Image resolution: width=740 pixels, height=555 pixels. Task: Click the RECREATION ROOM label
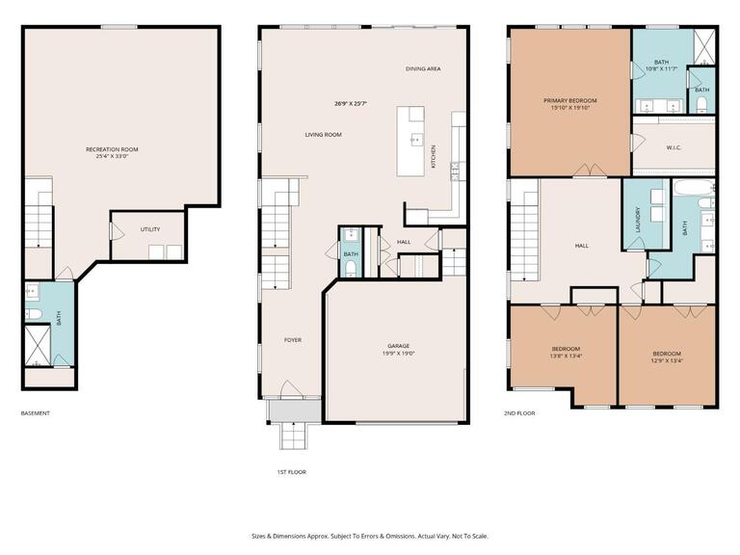(112, 149)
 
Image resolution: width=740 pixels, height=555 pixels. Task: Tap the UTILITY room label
(149, 229)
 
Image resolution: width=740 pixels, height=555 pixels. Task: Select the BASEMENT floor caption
(35, 413)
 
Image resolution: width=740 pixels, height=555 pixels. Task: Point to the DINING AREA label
(421, 69)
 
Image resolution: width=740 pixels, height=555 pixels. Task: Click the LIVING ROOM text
(324, 135)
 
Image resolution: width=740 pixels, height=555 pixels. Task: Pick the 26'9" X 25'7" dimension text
(351, 103)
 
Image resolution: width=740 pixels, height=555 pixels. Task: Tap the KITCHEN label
(434, 157)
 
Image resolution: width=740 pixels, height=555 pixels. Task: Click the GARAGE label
(399, 346)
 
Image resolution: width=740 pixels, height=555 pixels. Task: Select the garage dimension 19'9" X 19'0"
(399, 354)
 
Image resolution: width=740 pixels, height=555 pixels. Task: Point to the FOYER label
(292, 340)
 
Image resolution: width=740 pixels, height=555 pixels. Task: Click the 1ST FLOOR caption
(292, 472)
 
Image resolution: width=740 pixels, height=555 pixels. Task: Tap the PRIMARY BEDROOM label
(569, 100)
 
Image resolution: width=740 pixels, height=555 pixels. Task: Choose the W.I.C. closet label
(674, 147)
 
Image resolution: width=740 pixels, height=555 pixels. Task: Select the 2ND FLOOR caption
(519, 413)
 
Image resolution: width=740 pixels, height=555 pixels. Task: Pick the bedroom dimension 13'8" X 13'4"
(566, 357)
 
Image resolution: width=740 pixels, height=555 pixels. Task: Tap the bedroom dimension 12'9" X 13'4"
(667, 361)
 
